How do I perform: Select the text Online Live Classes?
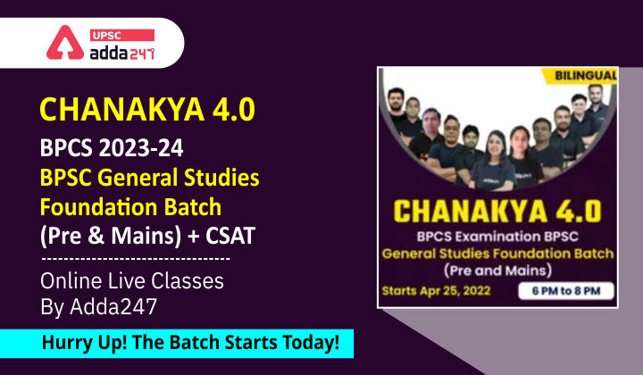pyautogui.click(x=133, y=280)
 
